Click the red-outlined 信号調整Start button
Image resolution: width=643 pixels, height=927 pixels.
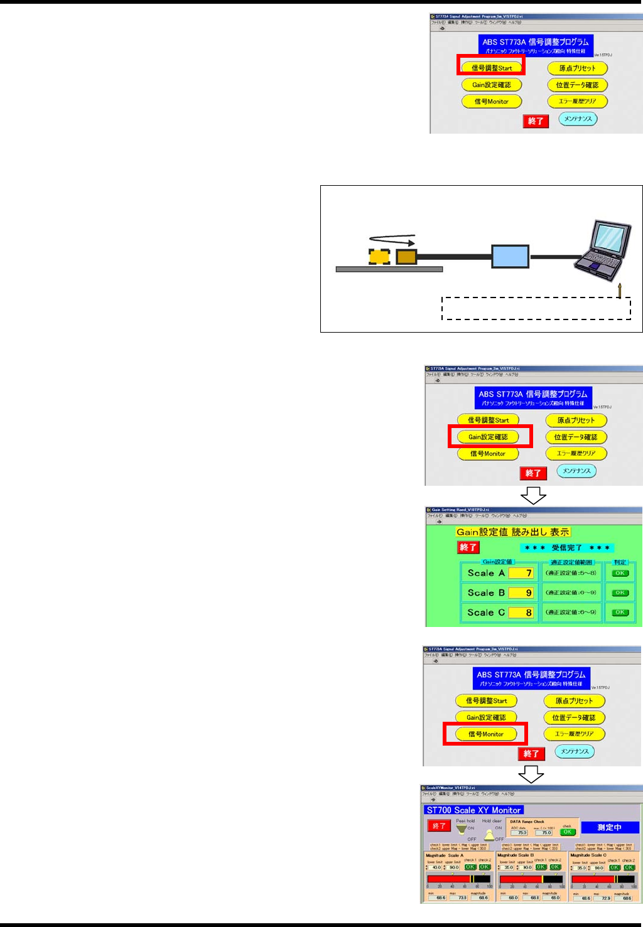491,67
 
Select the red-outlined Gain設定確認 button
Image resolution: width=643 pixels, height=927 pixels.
488,437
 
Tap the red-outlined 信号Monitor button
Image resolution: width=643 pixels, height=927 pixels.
485,734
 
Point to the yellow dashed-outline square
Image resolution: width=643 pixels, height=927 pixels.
379,257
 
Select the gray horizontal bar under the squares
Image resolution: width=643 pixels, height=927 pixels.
389,269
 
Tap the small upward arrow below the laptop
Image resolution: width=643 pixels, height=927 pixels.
620,290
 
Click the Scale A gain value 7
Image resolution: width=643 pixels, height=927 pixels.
521,573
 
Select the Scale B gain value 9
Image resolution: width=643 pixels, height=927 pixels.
521,592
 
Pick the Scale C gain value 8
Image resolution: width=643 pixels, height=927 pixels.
521,613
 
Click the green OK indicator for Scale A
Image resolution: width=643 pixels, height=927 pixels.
620,573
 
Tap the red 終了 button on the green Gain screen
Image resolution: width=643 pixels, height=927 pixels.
468,547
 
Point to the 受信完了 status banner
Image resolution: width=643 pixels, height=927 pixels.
566,548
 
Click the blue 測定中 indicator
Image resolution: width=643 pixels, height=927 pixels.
609,827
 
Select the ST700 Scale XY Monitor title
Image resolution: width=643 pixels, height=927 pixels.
474,810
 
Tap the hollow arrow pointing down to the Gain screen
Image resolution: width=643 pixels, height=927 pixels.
533,495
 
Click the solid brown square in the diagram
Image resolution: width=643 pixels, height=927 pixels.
406,257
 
